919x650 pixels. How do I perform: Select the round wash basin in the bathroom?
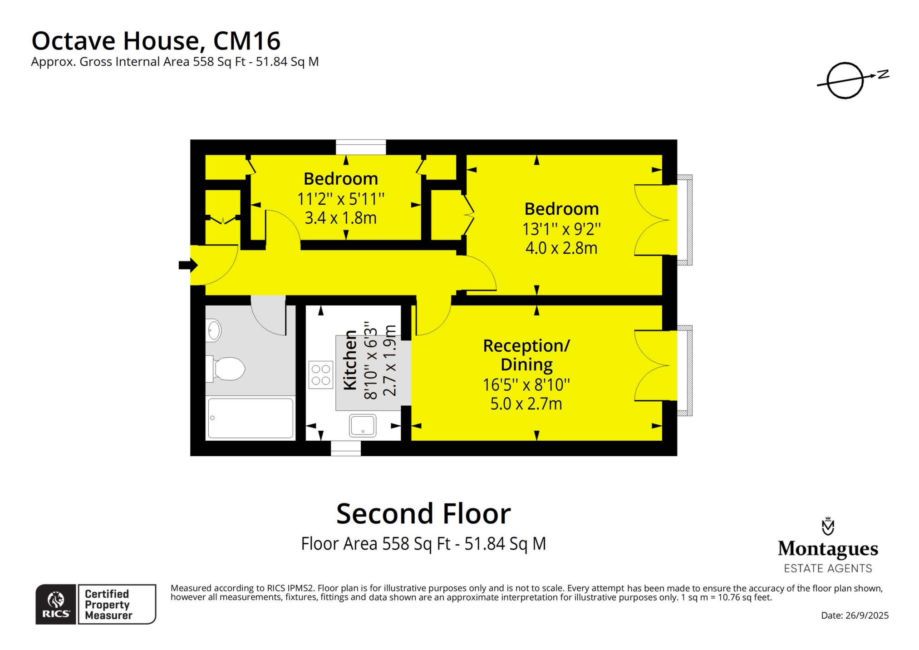coord(214,330)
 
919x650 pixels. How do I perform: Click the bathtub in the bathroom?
coord(251,418)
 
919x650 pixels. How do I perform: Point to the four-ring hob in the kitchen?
coord(320,374)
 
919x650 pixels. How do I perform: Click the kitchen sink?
coord(363,425)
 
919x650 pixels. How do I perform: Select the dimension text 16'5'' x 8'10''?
coord(526,385)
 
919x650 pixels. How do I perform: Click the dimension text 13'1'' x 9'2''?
coord(561,229)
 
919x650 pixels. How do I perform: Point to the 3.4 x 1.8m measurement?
coord(340,218)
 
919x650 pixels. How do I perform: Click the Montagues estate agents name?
coord(828,549)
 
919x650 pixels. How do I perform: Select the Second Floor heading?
coord(423,514)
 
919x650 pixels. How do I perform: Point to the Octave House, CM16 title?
coord(156,41)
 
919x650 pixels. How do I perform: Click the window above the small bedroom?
coord(361,148)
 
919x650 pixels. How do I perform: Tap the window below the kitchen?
coord(345,448)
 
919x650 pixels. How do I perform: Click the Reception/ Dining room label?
coord(526,355)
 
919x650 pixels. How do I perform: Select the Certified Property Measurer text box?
coord(117,604)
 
